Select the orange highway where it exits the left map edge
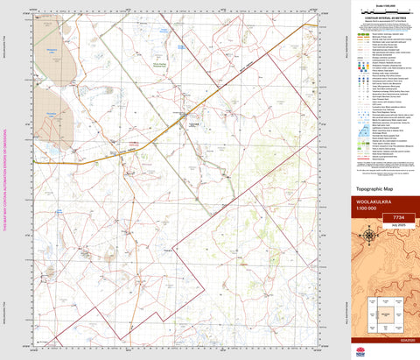(x=35, y=161)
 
